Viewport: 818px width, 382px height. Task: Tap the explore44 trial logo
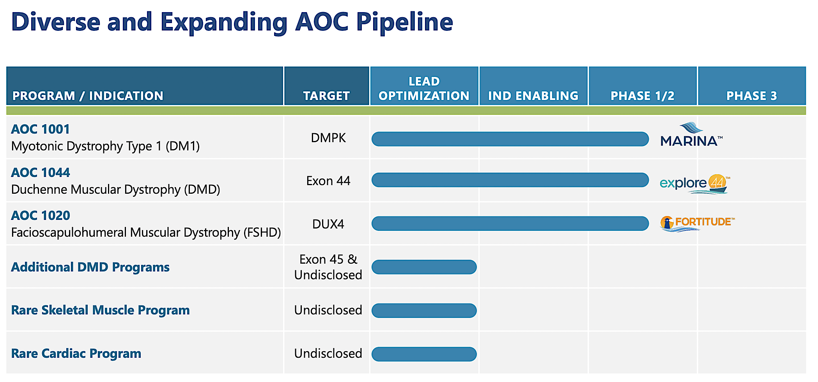(x=694, y=183)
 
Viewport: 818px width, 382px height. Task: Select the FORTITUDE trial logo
(x=697, y=223)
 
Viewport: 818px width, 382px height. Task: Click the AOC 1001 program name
(x=41, y=129)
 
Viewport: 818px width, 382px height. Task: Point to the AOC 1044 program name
(x=41, y=173)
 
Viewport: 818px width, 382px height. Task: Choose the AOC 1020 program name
(x=41, y=216)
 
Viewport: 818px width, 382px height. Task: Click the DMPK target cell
(x=328, y=138)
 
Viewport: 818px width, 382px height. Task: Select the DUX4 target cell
(x=328, y=224)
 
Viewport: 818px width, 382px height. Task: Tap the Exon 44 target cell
(x=328, y=181)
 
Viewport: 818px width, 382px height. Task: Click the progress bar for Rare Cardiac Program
(x=424, y=354)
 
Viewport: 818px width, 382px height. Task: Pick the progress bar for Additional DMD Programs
(x=424, y=267)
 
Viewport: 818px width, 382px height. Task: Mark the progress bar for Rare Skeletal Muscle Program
(x=424, y=311)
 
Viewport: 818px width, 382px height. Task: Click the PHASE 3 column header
(x=751, y=96)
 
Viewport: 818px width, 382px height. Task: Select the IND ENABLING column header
(x=533, y=96)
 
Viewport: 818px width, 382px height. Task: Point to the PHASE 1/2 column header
(x=642, y=96)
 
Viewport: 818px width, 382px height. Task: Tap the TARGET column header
(x=326, y=96)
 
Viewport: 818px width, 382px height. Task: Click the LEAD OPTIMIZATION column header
(x=424, y=89)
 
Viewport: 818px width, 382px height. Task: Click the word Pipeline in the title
(x=404, y=22)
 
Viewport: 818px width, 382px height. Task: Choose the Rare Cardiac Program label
(x=76, y=353)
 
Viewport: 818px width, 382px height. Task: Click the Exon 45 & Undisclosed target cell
(x=328, y=267)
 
